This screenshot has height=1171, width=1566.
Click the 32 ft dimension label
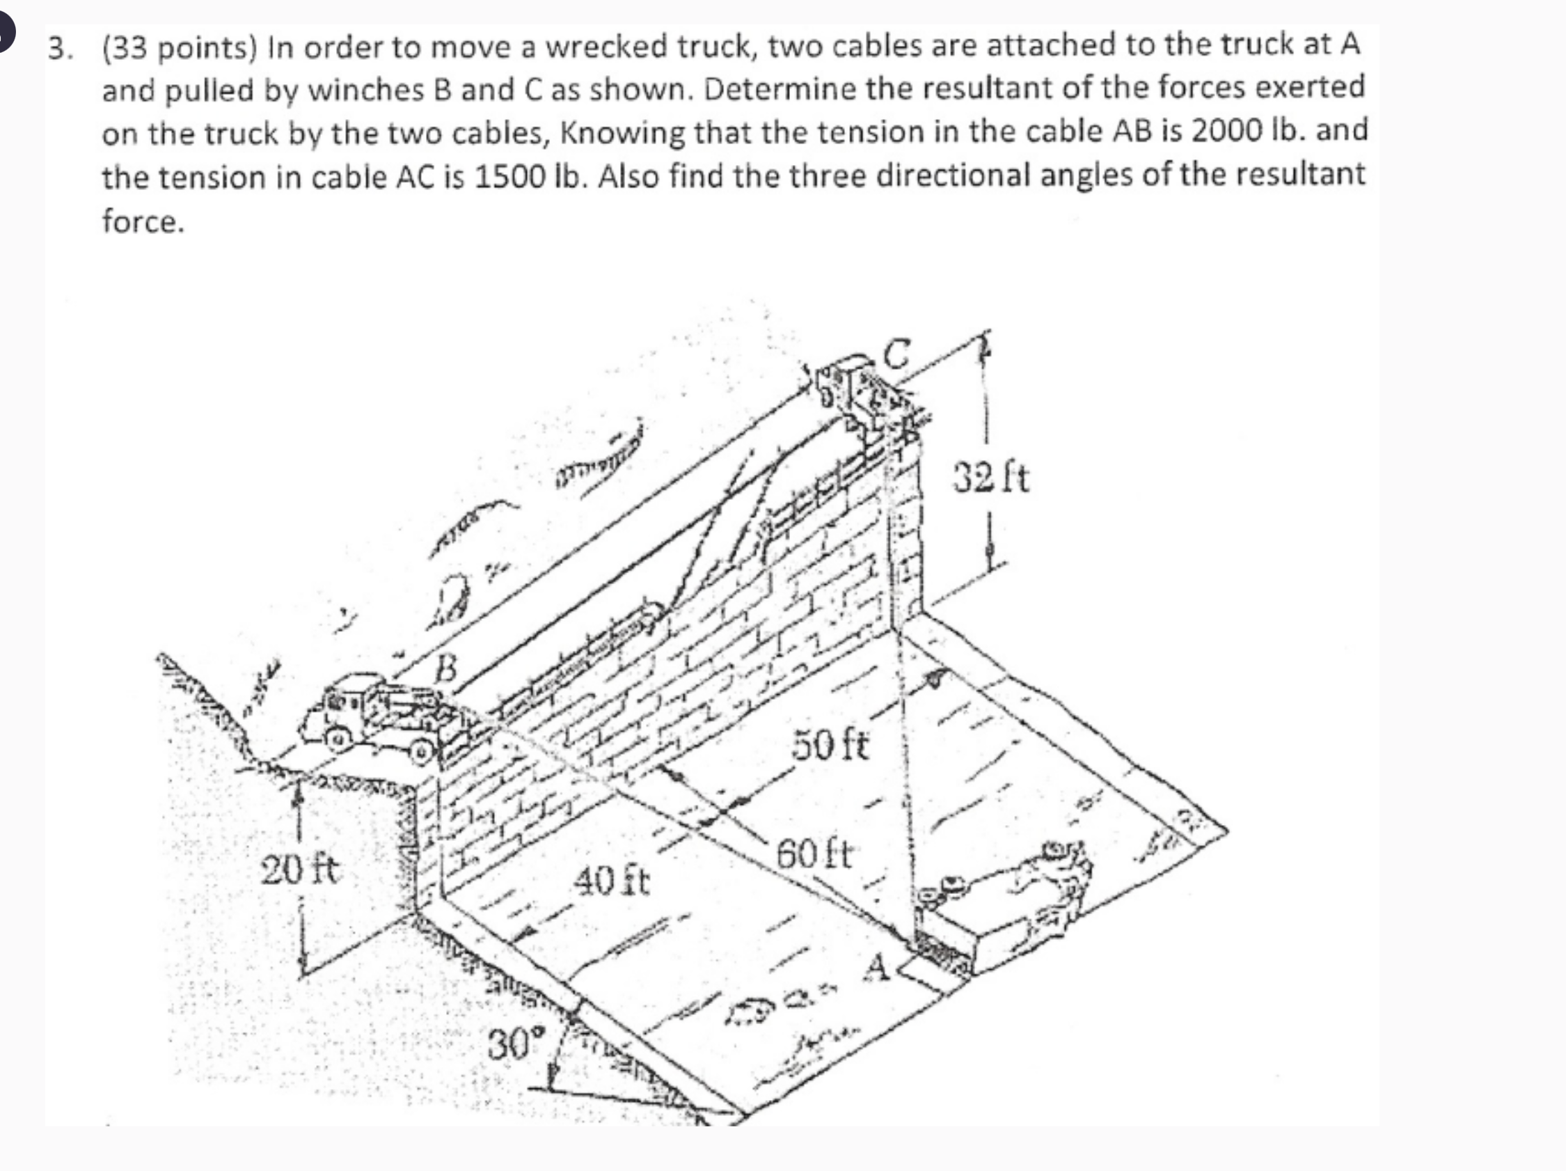[990, 478]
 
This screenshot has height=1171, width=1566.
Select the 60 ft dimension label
[816, 854]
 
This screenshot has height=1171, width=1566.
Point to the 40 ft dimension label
[611, 881]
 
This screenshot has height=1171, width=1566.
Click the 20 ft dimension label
[300, 869]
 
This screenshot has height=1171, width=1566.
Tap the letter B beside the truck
[446, 667]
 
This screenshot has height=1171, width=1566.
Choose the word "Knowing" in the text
[623, 134]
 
